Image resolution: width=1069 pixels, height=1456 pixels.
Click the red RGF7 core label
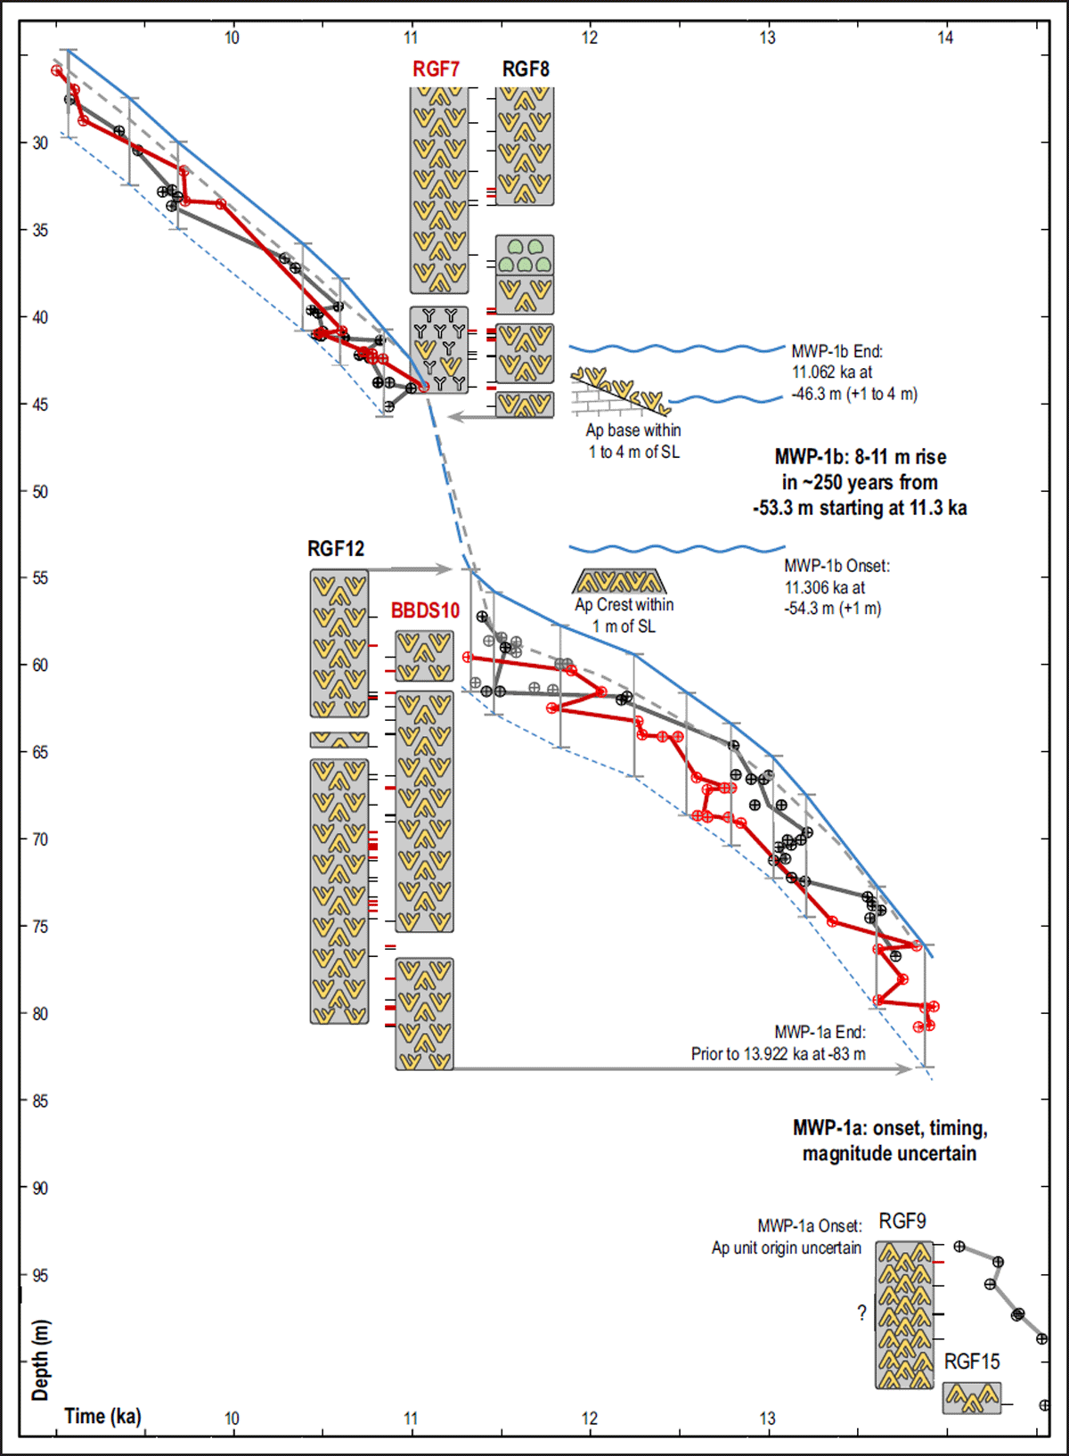coord(436,70)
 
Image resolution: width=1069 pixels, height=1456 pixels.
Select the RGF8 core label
coord(526,70)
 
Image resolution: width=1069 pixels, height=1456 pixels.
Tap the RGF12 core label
coord(336,549)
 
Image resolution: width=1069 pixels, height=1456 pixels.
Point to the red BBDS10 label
coord(425,610)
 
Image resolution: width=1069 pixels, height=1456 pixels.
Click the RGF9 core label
coord(902,1221)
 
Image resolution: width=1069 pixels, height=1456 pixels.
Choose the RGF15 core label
coord(972,1362)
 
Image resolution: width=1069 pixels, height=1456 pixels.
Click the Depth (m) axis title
coord(40,1360)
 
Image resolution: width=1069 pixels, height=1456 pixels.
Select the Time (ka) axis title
coord(102,1416)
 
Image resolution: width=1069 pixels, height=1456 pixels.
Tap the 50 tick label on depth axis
coord(40,492)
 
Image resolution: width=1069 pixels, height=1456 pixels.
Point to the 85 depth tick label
coord(40,1101)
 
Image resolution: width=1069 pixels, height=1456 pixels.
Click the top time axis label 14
coord(945,37)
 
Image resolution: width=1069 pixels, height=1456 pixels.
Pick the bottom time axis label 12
coord(590,1419)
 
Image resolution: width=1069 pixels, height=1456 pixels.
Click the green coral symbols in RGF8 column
coord(525,256)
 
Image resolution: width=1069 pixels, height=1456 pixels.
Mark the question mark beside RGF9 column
coord(861,1313)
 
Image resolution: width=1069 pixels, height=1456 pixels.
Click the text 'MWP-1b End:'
coord(836,351)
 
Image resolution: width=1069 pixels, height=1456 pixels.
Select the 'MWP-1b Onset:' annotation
coord(836,566)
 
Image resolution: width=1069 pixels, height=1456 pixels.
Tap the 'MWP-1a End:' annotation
coord(820,1032)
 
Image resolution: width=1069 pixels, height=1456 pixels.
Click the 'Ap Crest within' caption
coord(624,604)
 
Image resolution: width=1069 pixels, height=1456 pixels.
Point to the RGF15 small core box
coord(972,1397)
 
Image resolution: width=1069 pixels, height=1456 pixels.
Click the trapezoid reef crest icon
coord(618,581)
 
